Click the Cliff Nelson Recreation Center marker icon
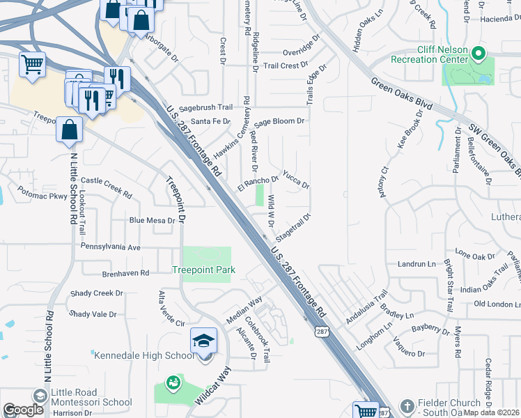pos(478,54)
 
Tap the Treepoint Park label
pos(204,270)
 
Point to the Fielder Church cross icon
pos(407,405)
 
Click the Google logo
pos(23,410)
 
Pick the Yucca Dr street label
pos(295,180)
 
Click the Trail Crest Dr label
pos(286,66)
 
